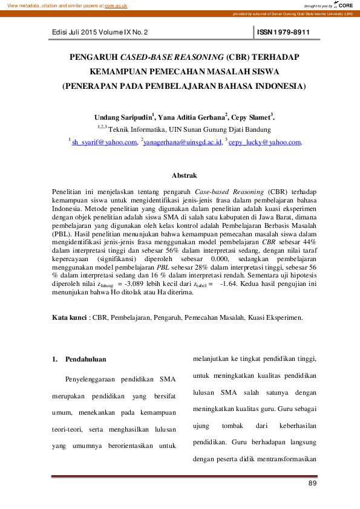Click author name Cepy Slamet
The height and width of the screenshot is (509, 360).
click(252, 116)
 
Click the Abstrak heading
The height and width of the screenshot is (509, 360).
click(184, 175)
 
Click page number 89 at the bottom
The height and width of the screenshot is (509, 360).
click(312, 484)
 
